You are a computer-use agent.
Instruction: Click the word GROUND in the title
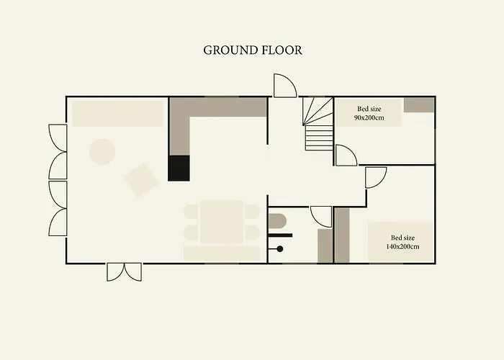[x=231, y=50]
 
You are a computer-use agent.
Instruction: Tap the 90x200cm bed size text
[x=369, y=117]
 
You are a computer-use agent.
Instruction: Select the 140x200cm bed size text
[x=402, y=246]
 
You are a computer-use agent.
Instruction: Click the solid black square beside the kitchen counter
[x=179, y=168]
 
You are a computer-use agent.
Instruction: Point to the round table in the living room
[x=102, y=152]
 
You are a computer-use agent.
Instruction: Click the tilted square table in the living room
[x=141, y=180]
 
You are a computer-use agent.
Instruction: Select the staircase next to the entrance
[x=318, y=124]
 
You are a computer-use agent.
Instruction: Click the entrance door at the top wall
[x=285, y=86]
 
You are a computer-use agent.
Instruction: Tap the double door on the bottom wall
[x=124, y=272]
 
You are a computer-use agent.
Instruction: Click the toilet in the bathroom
[x=277, y=222]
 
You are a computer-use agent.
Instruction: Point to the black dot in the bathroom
[x=280, y=249]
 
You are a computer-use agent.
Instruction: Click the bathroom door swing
[x=321, y=217]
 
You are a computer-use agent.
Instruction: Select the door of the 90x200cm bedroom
[x=346, y=156]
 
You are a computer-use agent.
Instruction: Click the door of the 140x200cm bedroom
[x=376, y=178]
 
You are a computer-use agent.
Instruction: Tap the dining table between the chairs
[x=222, y=222]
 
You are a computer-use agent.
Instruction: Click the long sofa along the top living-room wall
[x=117, y=114]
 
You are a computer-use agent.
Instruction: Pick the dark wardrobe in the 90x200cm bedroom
[x=419, y=105]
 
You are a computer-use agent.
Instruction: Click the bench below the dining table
[x=222, y=253]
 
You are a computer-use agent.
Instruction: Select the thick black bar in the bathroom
[x=280, y=235]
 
